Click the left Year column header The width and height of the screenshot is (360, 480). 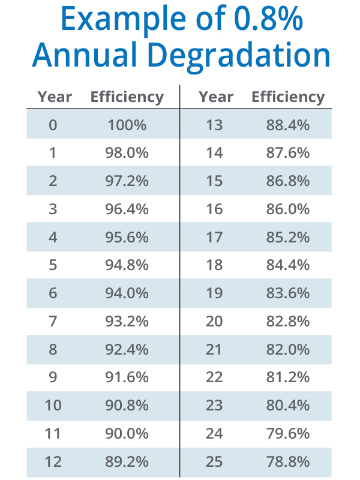coord(55,97)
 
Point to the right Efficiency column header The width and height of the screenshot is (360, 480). coord(288,97)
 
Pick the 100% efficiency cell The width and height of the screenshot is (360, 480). coord(127,125)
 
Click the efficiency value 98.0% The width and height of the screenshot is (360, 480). coord(127,153)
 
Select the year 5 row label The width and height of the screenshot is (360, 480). coord(53,265)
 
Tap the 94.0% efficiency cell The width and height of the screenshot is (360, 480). coord(127,293)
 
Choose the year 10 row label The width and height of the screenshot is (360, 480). coord(53,406)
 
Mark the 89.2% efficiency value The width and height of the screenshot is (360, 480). coord(127,462)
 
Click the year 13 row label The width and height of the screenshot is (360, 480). coord(214,125)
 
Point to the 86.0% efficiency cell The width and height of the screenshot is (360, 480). coord(288,209)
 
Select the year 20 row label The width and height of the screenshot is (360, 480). coord(214,322)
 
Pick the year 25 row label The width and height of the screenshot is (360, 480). coord(214,462)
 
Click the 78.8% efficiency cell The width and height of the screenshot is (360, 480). coord(288,462)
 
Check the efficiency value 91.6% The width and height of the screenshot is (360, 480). coord(127,377)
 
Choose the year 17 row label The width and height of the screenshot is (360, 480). coord(214,237)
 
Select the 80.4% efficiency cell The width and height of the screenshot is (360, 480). coord(288,406)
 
